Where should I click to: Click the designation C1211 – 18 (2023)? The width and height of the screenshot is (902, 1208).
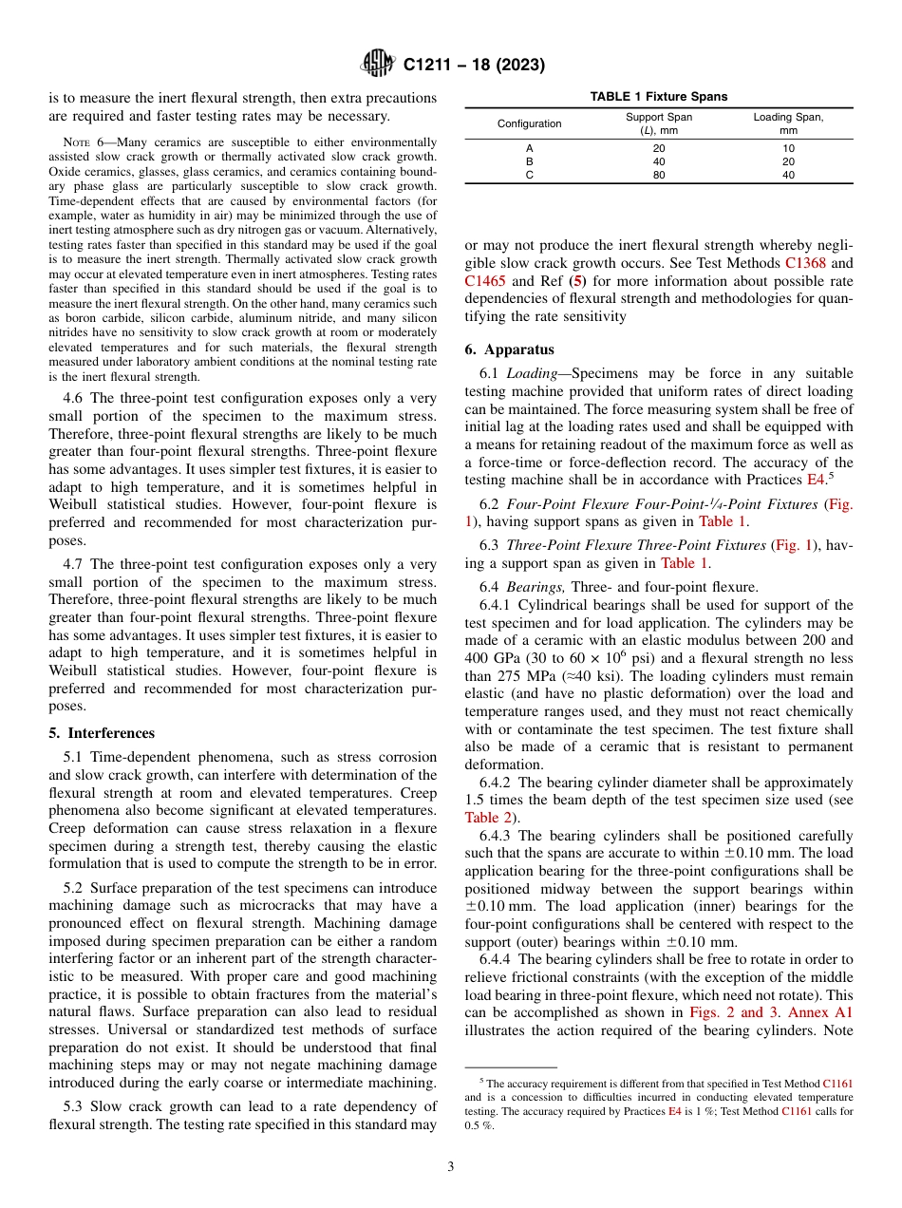474,66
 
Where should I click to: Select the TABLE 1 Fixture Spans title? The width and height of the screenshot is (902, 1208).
659,97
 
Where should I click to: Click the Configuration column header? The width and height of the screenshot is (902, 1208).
529,123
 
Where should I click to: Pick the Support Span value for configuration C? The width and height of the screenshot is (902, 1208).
659,175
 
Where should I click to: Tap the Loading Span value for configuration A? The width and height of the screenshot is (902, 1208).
788,148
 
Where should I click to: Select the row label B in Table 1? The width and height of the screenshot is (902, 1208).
529,161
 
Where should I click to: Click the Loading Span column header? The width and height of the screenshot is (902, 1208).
788,123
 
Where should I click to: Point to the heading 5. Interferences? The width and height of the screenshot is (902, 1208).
102,733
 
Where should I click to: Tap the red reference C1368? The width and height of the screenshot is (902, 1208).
808,263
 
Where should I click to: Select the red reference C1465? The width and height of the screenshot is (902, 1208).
486,281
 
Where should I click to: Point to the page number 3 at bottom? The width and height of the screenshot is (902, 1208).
451,1166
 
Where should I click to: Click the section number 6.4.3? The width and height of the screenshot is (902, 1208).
497,836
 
